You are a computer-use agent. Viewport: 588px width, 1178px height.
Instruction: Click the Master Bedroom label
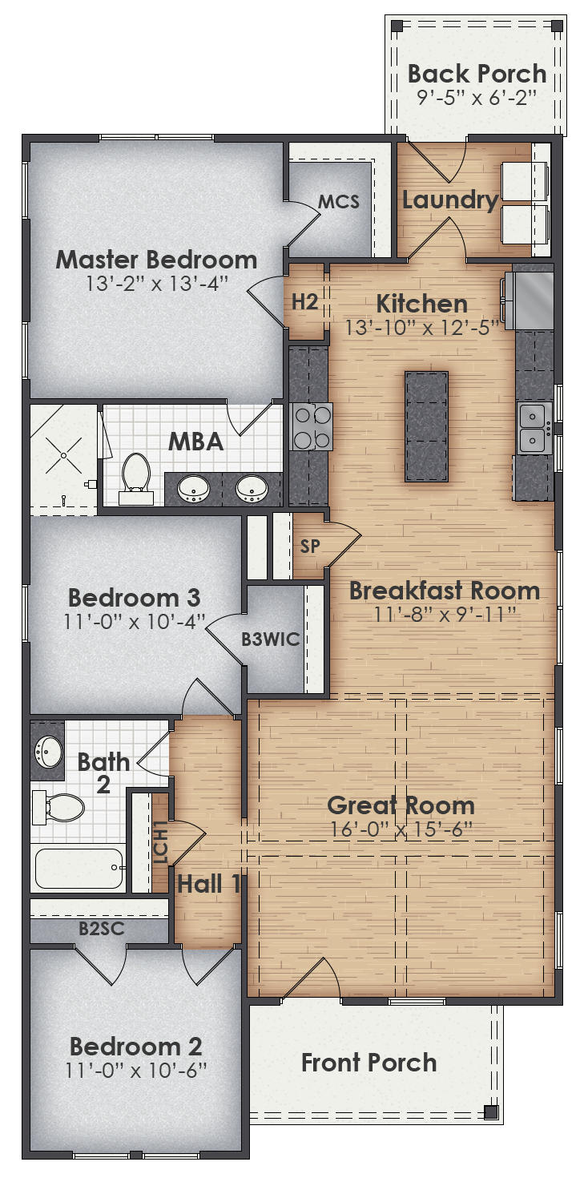coord(156,260)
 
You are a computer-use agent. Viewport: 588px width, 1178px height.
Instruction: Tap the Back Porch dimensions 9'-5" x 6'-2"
coord(477,98)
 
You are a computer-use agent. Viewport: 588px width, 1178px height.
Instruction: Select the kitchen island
coord(426,426)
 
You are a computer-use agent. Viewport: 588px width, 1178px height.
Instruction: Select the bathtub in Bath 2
coord(79,868)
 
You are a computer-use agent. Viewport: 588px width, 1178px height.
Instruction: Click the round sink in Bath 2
coord(47,752)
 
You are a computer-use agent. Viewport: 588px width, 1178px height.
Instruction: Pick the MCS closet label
coord(338,201)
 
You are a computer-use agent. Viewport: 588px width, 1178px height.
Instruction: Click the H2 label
coord(304,302)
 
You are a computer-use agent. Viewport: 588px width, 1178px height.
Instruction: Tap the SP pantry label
coord(310,547)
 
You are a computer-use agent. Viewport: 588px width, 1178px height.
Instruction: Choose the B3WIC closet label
coord(271,639)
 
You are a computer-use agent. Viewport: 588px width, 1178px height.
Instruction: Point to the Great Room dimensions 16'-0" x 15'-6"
coord(401,829)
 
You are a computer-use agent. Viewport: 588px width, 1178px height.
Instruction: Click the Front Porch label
coord(369,1063)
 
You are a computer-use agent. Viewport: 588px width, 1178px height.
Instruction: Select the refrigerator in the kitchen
coord(534,301)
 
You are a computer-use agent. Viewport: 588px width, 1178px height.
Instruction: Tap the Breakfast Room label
coord(444,591)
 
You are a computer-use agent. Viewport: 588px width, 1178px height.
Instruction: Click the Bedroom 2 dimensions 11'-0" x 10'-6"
coord(135,1070)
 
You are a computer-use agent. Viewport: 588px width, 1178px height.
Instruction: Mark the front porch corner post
coord(490,1111)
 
